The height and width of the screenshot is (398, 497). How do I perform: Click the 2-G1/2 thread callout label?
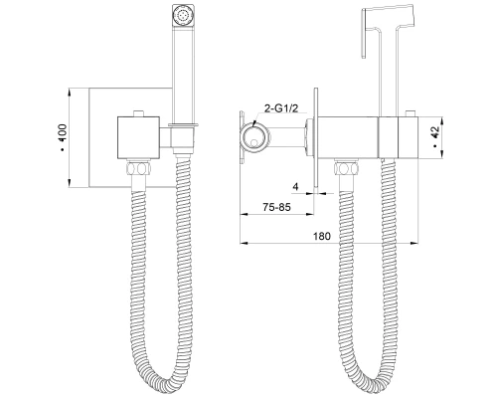tap(281, 108)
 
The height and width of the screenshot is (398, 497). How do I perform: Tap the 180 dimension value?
tap(322, 236)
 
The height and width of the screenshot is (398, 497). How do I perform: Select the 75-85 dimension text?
tap(276, 207)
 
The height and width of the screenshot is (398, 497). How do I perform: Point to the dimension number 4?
tap(295, 187)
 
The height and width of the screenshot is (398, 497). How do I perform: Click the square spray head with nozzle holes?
tap(182, 15)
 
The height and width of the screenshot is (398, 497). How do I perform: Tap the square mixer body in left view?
tap(138, 137)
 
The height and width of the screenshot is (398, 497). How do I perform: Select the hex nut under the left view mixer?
tap(138, 167)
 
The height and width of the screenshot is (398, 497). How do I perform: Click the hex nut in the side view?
tap(347, 167)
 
